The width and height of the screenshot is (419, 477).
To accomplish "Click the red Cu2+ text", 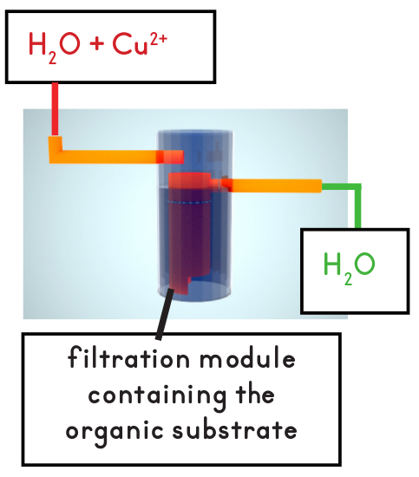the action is coord(140,44).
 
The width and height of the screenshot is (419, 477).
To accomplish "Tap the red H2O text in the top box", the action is coord(55,48).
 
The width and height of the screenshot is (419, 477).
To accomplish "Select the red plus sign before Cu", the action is coord(97,44).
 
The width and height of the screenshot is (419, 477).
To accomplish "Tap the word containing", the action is coord(157,395).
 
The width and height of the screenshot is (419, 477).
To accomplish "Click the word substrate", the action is coord(234,429).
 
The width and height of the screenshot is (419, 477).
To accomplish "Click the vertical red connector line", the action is coord(55,109).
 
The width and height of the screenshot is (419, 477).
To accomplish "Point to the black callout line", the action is coord(164,314).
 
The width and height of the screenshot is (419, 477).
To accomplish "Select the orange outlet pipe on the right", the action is coord(271,186).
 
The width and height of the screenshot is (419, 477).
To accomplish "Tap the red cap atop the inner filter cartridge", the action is coord(189,180).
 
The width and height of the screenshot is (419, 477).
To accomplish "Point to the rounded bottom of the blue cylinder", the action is coord(194,292).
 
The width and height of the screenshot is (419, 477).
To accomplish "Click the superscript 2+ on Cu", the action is coord(159,39).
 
